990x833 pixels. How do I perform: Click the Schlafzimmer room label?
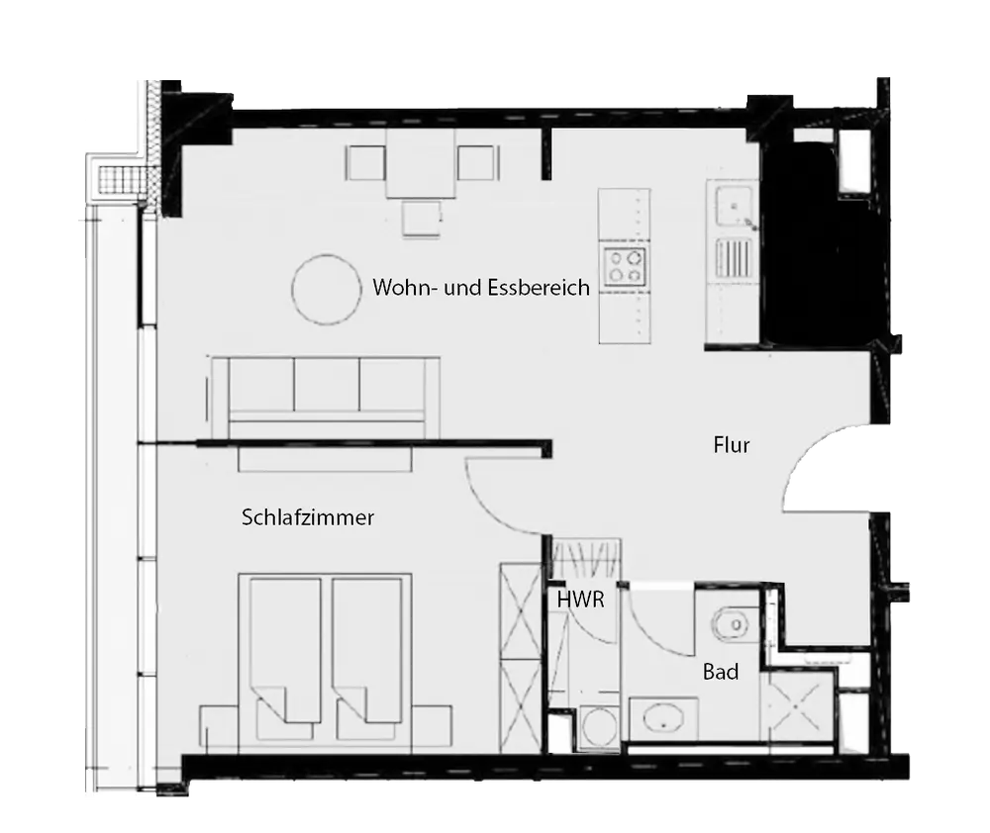click(308, 517)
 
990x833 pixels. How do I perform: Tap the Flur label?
click(732, 445)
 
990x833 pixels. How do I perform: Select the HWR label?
click(580, 599)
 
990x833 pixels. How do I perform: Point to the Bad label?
click(721, 672)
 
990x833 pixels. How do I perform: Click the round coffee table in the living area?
click(327, 290)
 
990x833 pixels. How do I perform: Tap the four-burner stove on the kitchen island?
click(625, 266)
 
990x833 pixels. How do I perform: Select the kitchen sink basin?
click(734, 206)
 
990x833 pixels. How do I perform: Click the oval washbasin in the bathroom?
click(663, 718)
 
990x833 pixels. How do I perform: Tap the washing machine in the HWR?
click(598, 727)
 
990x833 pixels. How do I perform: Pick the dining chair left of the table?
click(365, 163)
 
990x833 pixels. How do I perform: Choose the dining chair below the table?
click(422, 219)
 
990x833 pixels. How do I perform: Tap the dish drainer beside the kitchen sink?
click(735, 258)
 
